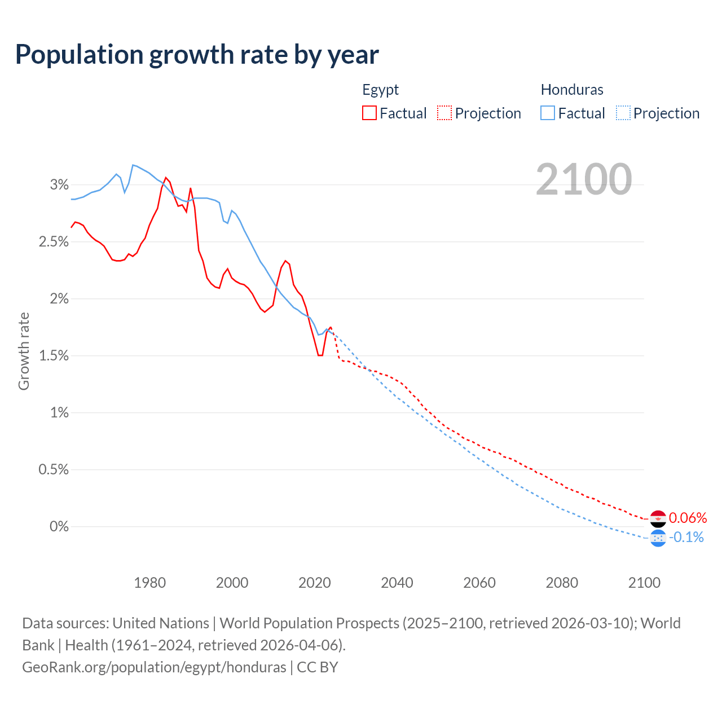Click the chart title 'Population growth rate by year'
(x=197, y=55)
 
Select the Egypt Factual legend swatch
(x=369, y=113)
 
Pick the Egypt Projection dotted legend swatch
(x=444, y=113)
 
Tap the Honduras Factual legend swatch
(x=547, y=113)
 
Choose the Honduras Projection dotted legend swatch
(x=623, y=113)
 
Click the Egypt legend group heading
(x=380, y=90)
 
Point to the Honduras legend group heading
(x=572, y=90)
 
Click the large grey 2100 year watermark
(x=584, y=179)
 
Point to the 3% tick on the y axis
(x=59, y=184)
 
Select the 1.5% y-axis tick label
(x=54, y=356)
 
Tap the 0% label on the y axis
(x=59, y=526)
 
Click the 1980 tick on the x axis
(x=149, y=583)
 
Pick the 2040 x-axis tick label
(x=397, y=583)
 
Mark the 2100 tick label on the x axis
(x=644, y=583)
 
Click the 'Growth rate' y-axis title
(x=24, y=351)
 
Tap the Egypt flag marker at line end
(x=658, y=518)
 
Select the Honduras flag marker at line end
(x=658, y=538)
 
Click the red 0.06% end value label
(x=688, y=518)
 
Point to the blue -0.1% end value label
(x=686, y=537)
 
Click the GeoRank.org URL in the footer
(x=154, y=667)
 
